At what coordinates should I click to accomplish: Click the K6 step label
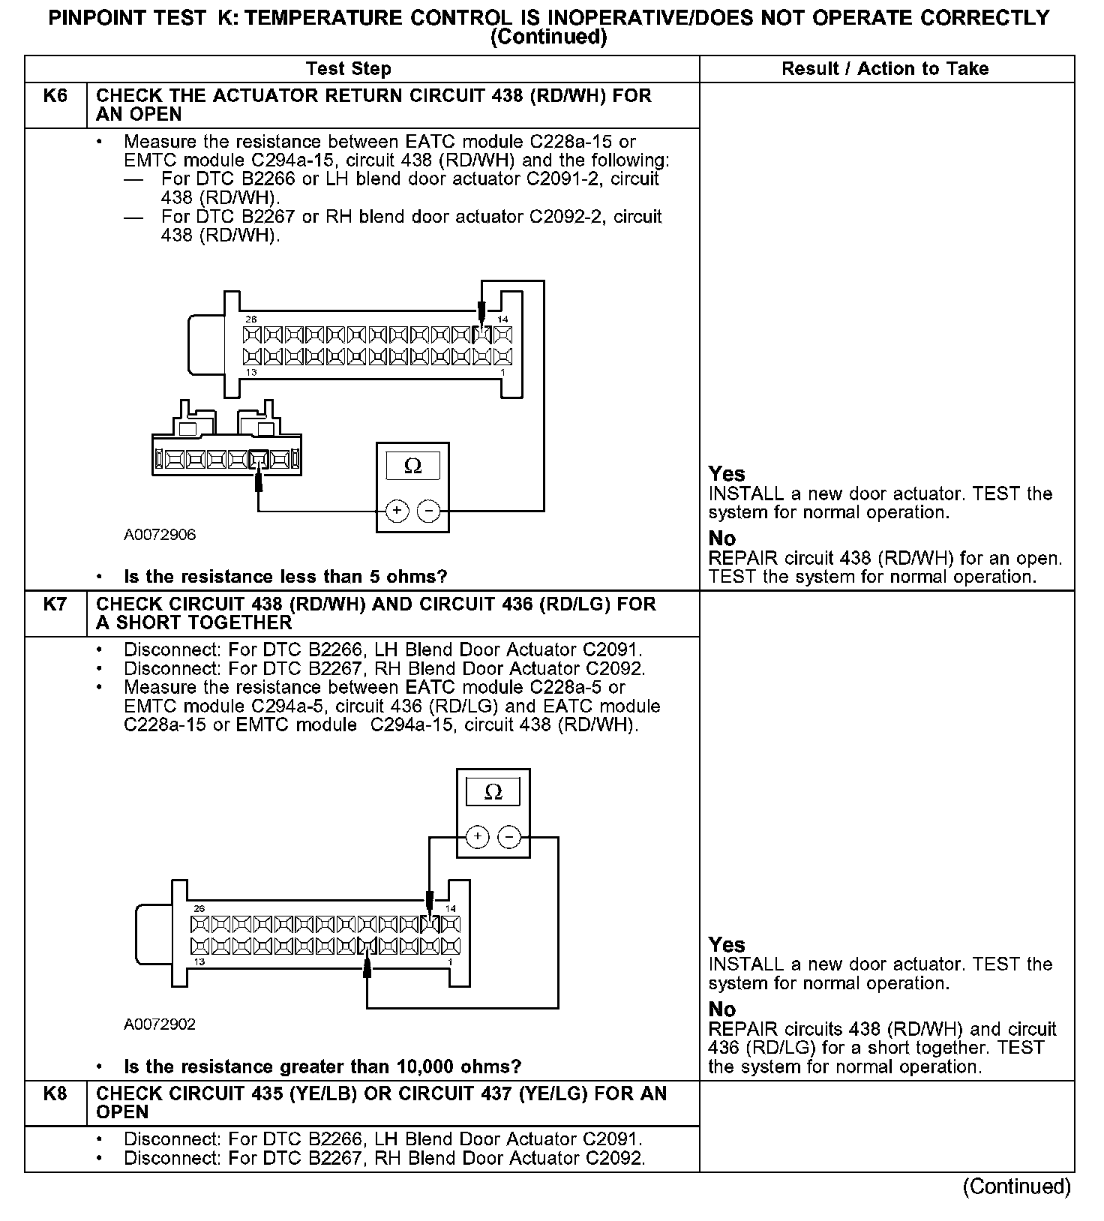coord(55,96)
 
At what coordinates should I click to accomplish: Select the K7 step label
coord(55,604)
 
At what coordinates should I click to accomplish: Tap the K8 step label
coord(55,1093)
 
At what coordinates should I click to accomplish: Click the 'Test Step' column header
coord(349,69)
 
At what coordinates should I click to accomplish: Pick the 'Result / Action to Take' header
coord(885,69)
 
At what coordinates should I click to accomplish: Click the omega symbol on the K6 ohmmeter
coord(412,466)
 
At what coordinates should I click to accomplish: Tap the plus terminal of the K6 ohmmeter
coord(397,511)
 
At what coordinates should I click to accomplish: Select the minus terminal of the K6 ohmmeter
coord(428,511)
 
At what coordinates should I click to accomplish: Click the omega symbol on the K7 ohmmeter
coord(493,792)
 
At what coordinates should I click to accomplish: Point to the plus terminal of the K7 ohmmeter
coord(477,837)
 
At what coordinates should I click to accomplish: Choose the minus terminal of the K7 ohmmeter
coord(509,837)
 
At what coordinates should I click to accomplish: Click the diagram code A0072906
coord(160,535)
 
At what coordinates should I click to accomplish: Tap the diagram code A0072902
coord(160,1024)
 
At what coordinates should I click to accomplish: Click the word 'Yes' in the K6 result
coord(727,474)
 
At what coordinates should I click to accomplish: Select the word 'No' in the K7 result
coord(721,1009)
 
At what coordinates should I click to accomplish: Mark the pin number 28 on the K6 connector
coord(250,319)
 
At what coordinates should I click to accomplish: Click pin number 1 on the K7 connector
coord(450,961)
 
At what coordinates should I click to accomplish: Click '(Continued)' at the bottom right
coord(1016,1186)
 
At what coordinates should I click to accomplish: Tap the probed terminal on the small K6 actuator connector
coord(259,458)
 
